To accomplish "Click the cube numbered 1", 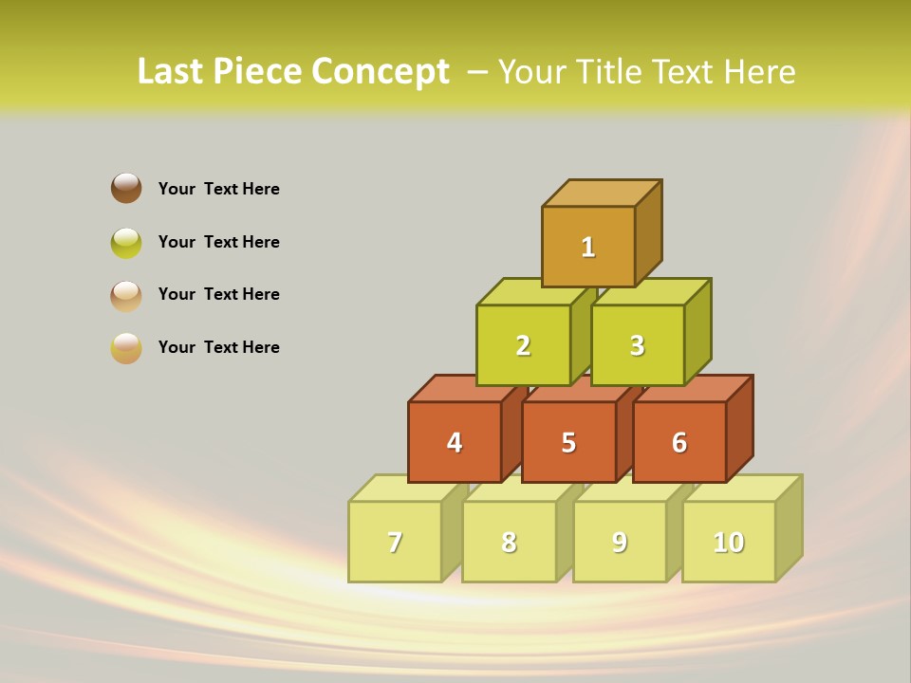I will coord(588,247).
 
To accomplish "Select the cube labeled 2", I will coord(523,345).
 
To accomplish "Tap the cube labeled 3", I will coord(637,345).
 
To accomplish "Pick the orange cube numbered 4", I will coord(455,442).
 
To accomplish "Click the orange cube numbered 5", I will coord(568,442).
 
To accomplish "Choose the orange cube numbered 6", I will coord(679,442).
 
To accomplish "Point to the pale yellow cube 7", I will coord(395,542).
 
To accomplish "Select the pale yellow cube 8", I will coord(509,542).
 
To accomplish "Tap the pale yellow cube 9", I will coord(620,542).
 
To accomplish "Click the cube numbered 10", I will coord(729,542).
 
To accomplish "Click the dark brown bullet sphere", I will coord(126,188).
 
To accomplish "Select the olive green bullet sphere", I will coord(126,242).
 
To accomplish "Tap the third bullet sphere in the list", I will coord(126,295).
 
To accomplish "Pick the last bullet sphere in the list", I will coord(126,347).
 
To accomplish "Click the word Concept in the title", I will coord(381,72).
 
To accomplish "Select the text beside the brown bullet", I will coord(219,189).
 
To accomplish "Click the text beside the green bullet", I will coord(219,242).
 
